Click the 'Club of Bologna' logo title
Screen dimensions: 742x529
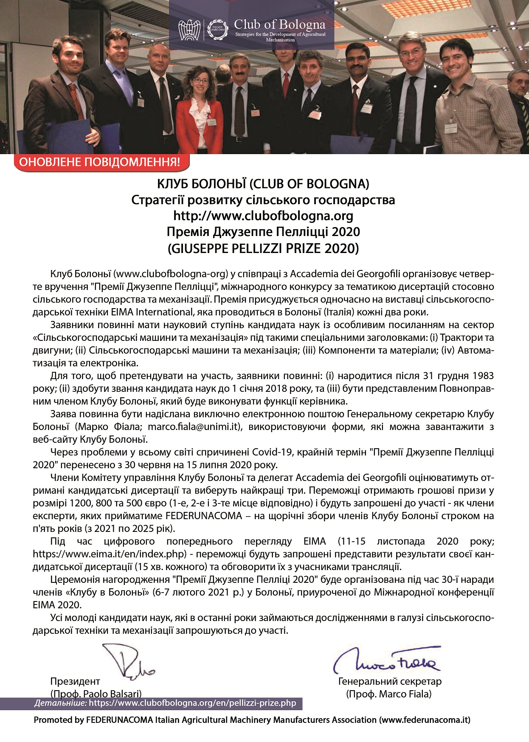click(x=279, y=25)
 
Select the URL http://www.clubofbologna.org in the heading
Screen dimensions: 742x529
click(x=263, y=216)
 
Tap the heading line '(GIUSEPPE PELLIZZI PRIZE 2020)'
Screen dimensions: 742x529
click(x=263, y=248)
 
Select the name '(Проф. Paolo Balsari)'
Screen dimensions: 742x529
click(x=96, y=694)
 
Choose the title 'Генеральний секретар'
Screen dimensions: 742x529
click(x=390, y=681)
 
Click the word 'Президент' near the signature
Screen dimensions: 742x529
click(x=75, y=681)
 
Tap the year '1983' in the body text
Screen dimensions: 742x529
click(x=482, y=376)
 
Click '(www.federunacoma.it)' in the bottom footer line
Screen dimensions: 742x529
click(x=425, y=720)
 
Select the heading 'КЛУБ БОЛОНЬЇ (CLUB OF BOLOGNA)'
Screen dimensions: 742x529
click(x=263, y=184)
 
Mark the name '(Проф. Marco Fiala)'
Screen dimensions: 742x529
click(x=388, y=694)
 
